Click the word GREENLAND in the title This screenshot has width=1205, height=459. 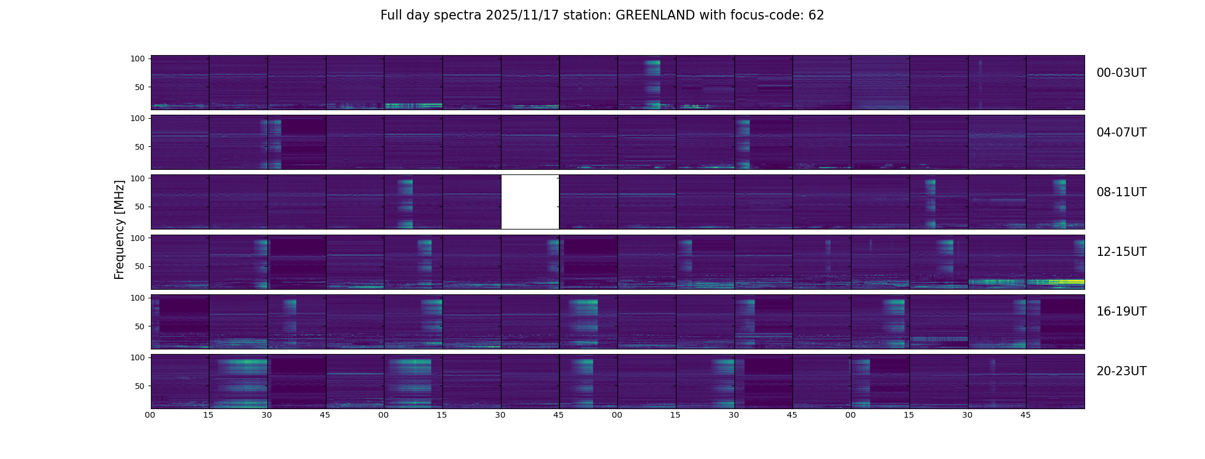tap(655, 15)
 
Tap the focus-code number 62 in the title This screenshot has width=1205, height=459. tap(816, 15)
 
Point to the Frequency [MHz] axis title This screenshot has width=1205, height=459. tap(119, 229)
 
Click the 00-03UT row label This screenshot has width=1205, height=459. tap(1121, 73)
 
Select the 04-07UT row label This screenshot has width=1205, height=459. tap(1121, 133)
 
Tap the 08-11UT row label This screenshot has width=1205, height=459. tap(1121, 192)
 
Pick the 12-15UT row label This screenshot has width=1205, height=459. tap(1121, 252)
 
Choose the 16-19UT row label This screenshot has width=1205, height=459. tap(1121, 312)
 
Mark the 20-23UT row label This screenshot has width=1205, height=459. tap(1121, 371)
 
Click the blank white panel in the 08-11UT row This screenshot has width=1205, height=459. tap(530, 202)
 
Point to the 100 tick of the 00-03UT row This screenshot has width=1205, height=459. tap(138, 59)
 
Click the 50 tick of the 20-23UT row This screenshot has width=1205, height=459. tap(140, 386)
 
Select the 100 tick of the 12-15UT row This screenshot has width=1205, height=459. tap(138, 238)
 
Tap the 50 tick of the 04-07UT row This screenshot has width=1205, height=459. tap(140, 147)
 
